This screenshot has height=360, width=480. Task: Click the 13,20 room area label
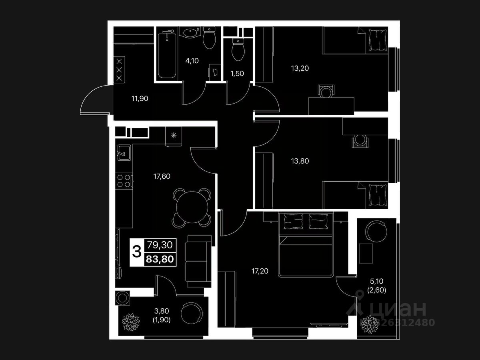click(300, 68)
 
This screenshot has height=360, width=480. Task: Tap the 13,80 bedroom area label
click(300, 161)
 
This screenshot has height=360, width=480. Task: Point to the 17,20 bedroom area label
click(260, 271)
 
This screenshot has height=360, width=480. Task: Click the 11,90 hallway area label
click(140, 99)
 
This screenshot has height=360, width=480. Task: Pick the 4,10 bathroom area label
click(192, 61)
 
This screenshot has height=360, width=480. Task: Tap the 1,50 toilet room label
click(237, 73)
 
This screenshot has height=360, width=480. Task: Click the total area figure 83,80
click(160, 259)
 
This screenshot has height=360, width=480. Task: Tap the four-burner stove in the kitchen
click(124, 181)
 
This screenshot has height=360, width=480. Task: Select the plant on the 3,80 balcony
click(130, 321)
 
